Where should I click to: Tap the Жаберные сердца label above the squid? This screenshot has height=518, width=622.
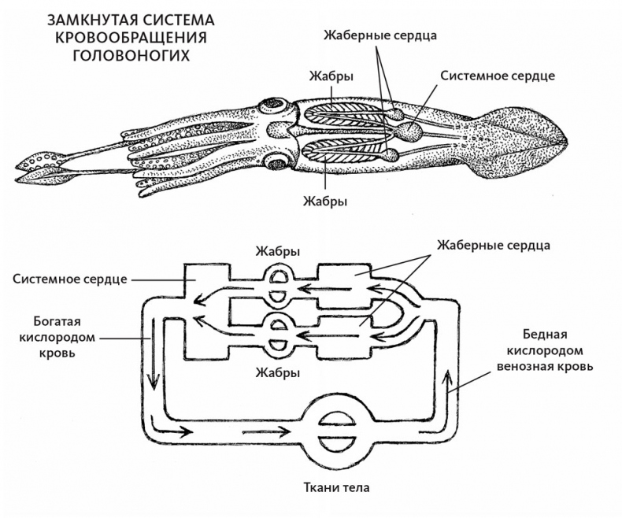click(379, 35)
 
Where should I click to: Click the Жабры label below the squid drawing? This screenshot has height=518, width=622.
click(326, 200)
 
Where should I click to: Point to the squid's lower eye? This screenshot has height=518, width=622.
click(278, 162)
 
